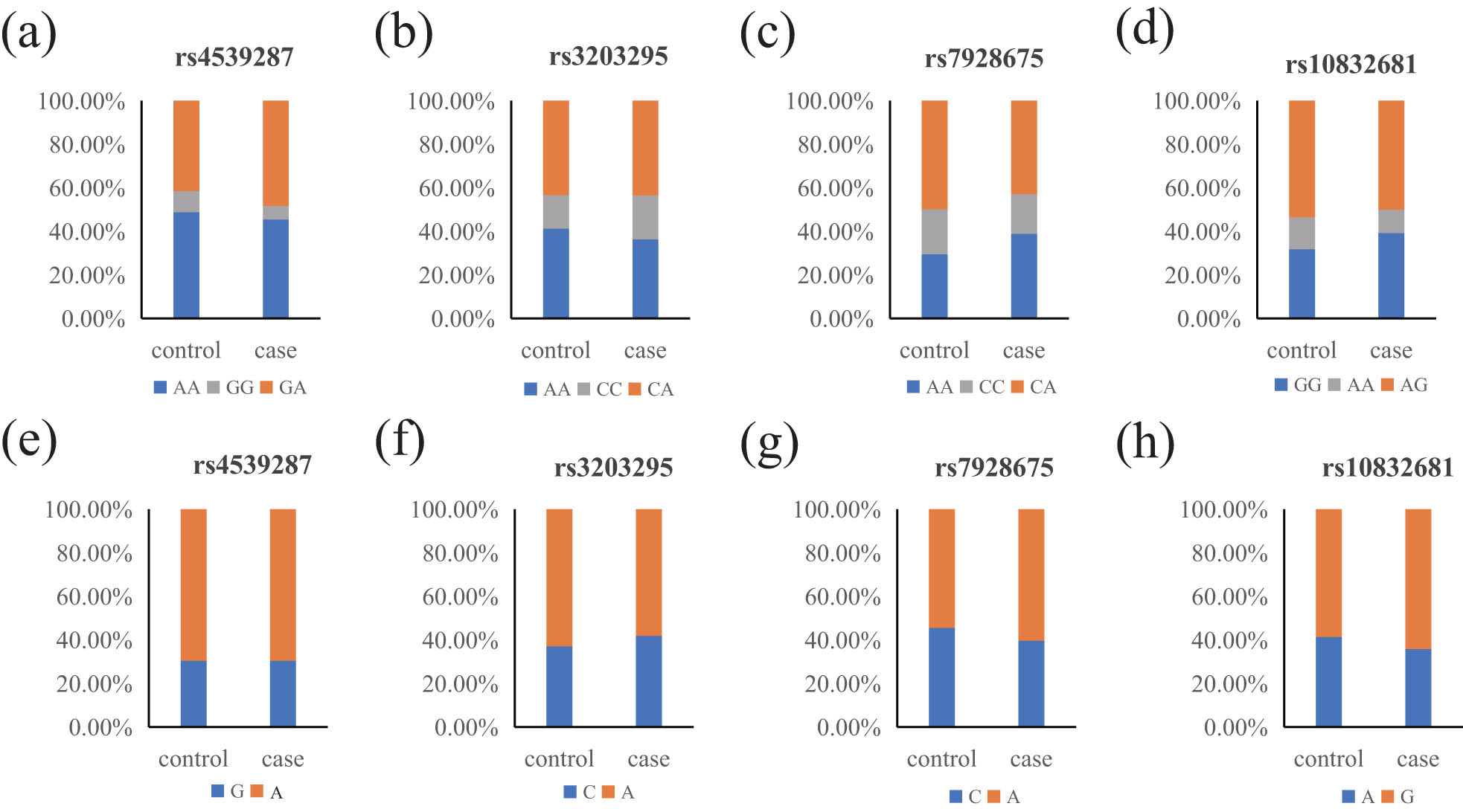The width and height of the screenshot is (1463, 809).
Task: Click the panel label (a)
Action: click(28, 34)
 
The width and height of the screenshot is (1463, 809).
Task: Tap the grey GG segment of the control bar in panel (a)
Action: click(186, 202)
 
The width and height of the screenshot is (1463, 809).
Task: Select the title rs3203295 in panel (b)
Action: click(608, 57)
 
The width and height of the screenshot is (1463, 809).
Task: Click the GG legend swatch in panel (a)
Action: click(214, 387)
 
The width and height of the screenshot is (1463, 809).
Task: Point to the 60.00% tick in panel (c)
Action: click(835, 188)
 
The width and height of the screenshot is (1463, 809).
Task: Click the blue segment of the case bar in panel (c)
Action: click(1023, 276)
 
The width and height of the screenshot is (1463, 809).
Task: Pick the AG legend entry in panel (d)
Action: click(1404, 384)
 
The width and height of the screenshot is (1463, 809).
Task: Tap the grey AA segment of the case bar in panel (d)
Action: click(1391, 221)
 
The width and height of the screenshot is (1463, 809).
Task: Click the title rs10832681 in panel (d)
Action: click(1350, 65)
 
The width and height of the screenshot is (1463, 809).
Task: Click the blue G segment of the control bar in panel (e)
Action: click(193, 693)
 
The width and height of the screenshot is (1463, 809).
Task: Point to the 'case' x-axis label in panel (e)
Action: click(283, 758)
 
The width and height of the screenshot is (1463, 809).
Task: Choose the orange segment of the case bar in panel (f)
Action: click(648, 572)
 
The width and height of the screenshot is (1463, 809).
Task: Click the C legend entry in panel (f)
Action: click(580, 792)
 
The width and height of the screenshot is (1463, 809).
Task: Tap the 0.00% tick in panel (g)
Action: click(848, 727)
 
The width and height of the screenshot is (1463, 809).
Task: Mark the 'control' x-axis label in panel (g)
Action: click(941, 758)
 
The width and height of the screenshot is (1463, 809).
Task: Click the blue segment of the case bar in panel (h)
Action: click(1418, 687)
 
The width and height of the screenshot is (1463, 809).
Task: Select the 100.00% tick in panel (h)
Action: click(1223, 509)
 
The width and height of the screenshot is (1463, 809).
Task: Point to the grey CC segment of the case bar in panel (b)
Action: click(645, 217)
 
